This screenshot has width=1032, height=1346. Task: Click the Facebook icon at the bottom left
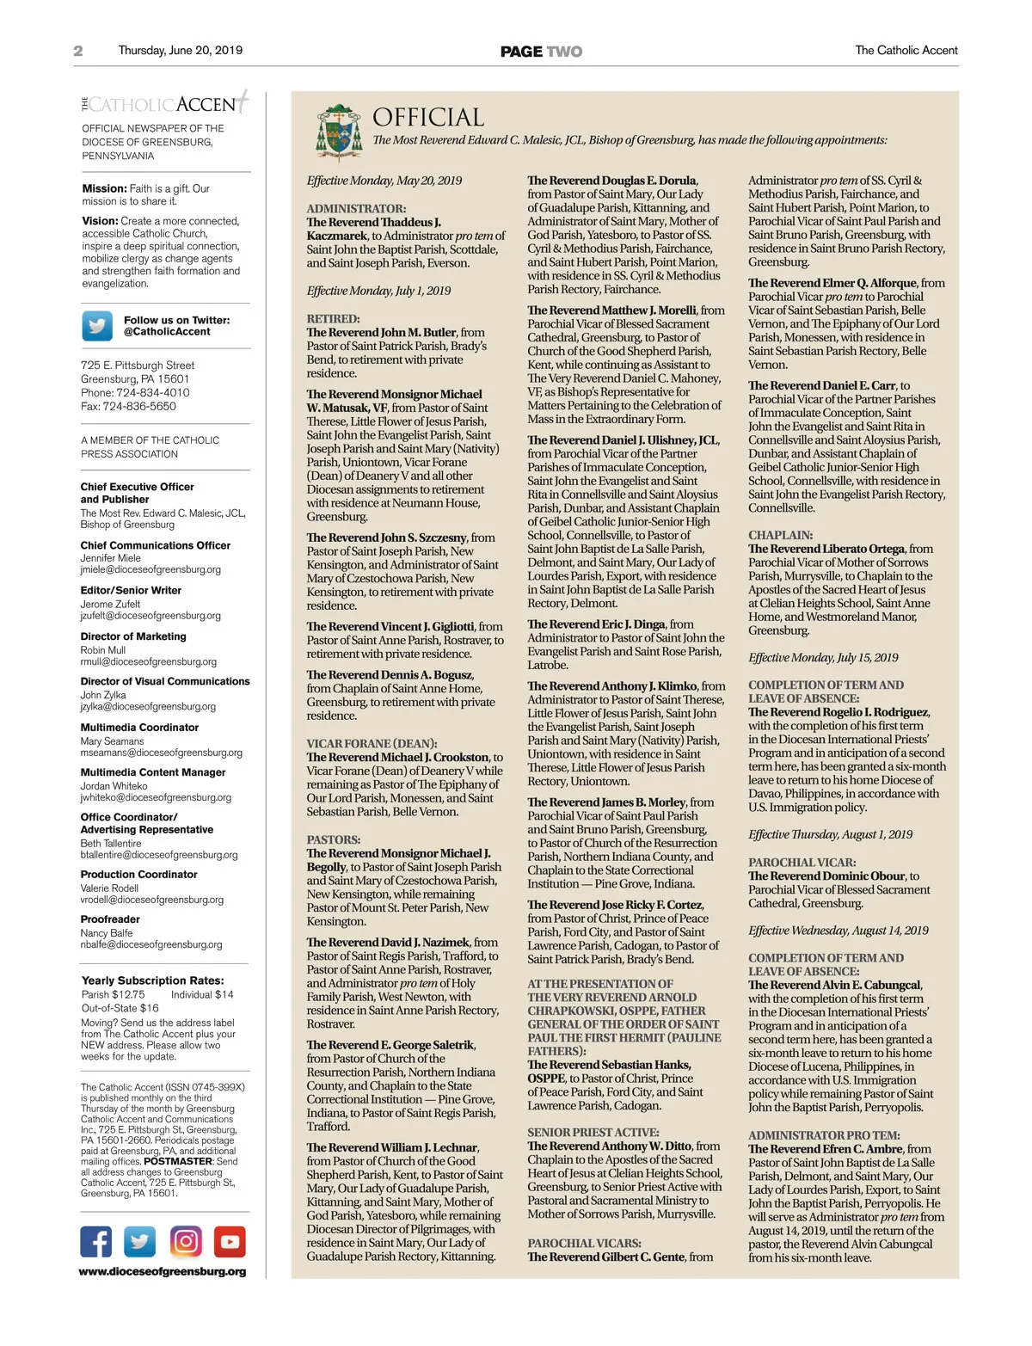point(96,1241)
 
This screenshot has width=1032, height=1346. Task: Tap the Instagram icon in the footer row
point(186,1241)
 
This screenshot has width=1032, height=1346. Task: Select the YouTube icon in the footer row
point(230,1241)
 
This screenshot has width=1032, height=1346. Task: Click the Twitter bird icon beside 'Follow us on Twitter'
point(97,326)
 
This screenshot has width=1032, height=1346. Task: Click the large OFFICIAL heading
point(428,117)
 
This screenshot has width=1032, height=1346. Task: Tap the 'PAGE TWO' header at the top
point(541,52)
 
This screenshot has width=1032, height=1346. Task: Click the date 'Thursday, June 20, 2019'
point(181,51)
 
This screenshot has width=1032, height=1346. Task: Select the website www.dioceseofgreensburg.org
point(163,1271)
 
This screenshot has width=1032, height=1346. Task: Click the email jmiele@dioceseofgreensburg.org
point(150,569)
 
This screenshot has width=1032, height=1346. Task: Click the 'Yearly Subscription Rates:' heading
point(152,980)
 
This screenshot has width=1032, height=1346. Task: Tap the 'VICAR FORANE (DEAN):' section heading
point(372,743)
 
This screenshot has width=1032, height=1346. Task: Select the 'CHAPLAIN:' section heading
point(780,535)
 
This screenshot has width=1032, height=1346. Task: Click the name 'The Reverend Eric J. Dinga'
point(597,624)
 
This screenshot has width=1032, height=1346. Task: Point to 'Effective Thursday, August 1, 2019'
point(830,834)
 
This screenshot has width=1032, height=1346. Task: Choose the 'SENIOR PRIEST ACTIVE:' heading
point(593,1133)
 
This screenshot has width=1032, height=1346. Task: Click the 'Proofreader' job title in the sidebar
point(110,919)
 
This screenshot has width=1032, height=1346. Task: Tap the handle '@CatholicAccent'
point(167,332)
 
